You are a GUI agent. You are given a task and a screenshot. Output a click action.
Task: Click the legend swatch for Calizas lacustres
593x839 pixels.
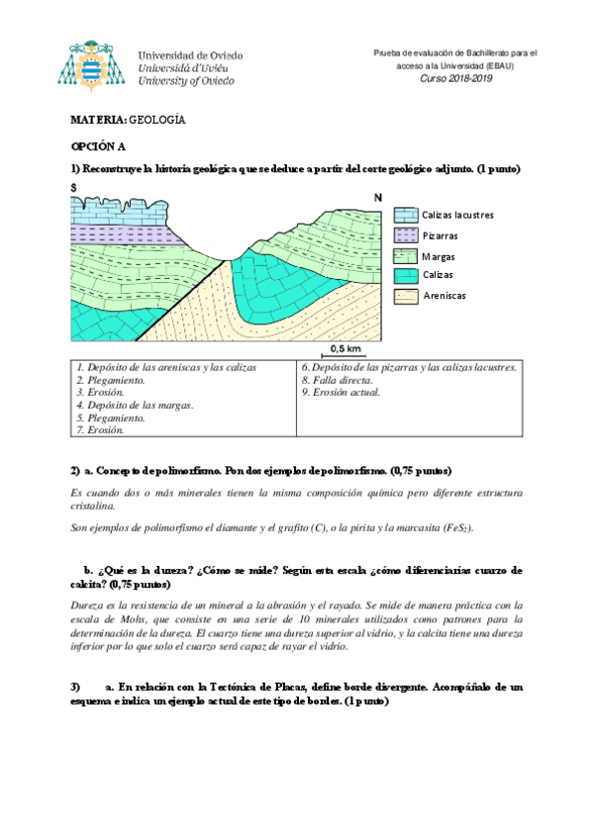click(x=406, y=215)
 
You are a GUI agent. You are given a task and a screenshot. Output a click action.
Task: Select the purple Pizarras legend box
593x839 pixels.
click(x=406, y=235)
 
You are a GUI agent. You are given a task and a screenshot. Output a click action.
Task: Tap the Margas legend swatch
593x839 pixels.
click(x=406, y=256)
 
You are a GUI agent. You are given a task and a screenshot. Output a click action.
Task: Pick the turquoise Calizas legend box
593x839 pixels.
click(x=406, y=275)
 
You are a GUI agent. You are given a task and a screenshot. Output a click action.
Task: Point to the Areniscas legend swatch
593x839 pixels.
click(x=406, y=295)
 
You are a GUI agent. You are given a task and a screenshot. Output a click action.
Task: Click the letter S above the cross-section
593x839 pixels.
click(x=74, y=188)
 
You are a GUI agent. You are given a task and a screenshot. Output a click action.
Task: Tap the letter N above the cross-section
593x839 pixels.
click(x=376, y=198)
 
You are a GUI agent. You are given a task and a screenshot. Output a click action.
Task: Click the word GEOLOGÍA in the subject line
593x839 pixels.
click(x=158, y=120)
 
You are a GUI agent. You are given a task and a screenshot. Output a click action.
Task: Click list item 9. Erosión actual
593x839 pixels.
click(x=340, y=393)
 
